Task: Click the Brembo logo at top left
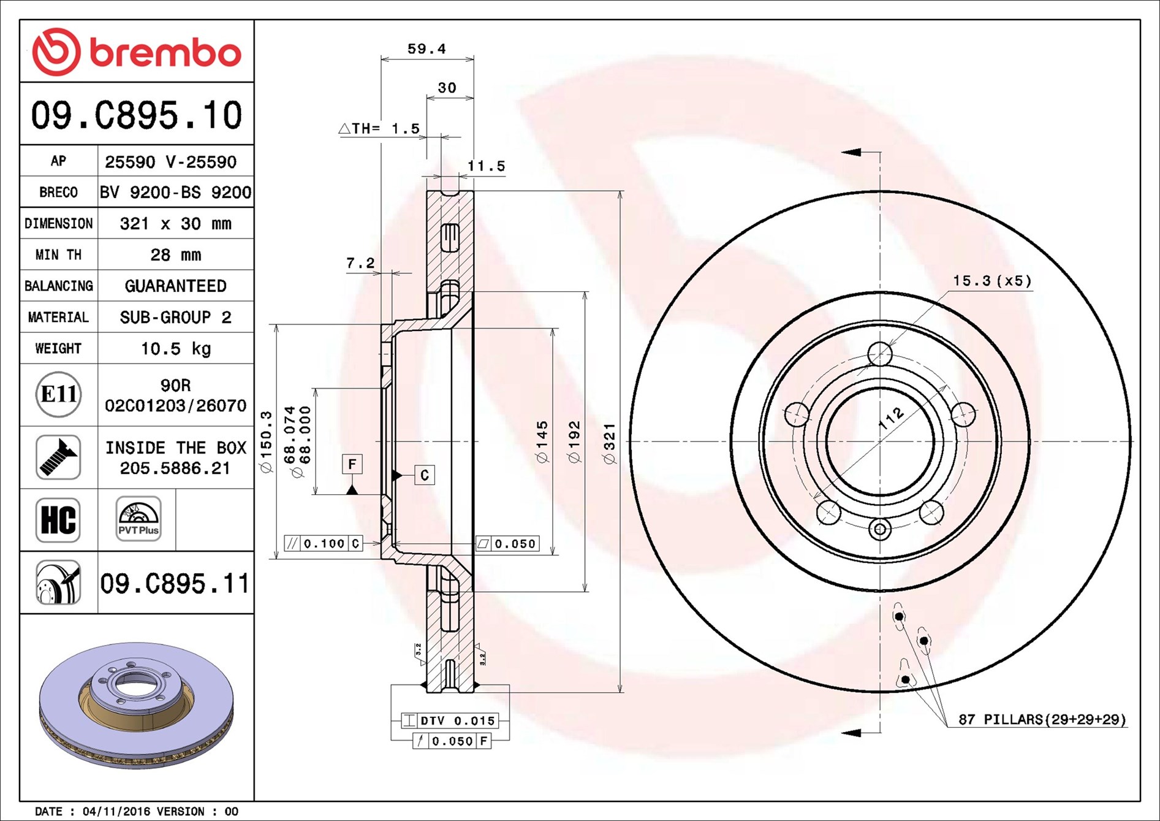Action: [136, 52]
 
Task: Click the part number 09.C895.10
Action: [137, 115]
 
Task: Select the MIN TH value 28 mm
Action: [176, 254]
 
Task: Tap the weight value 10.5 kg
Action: [176, 348]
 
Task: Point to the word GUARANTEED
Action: [176, 286]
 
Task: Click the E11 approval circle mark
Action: [58, 394]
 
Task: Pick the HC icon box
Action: [58, 520]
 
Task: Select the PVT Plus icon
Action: [138, 519]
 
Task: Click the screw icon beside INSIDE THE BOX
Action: [58, 457]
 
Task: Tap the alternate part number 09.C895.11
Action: [175, 583]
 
